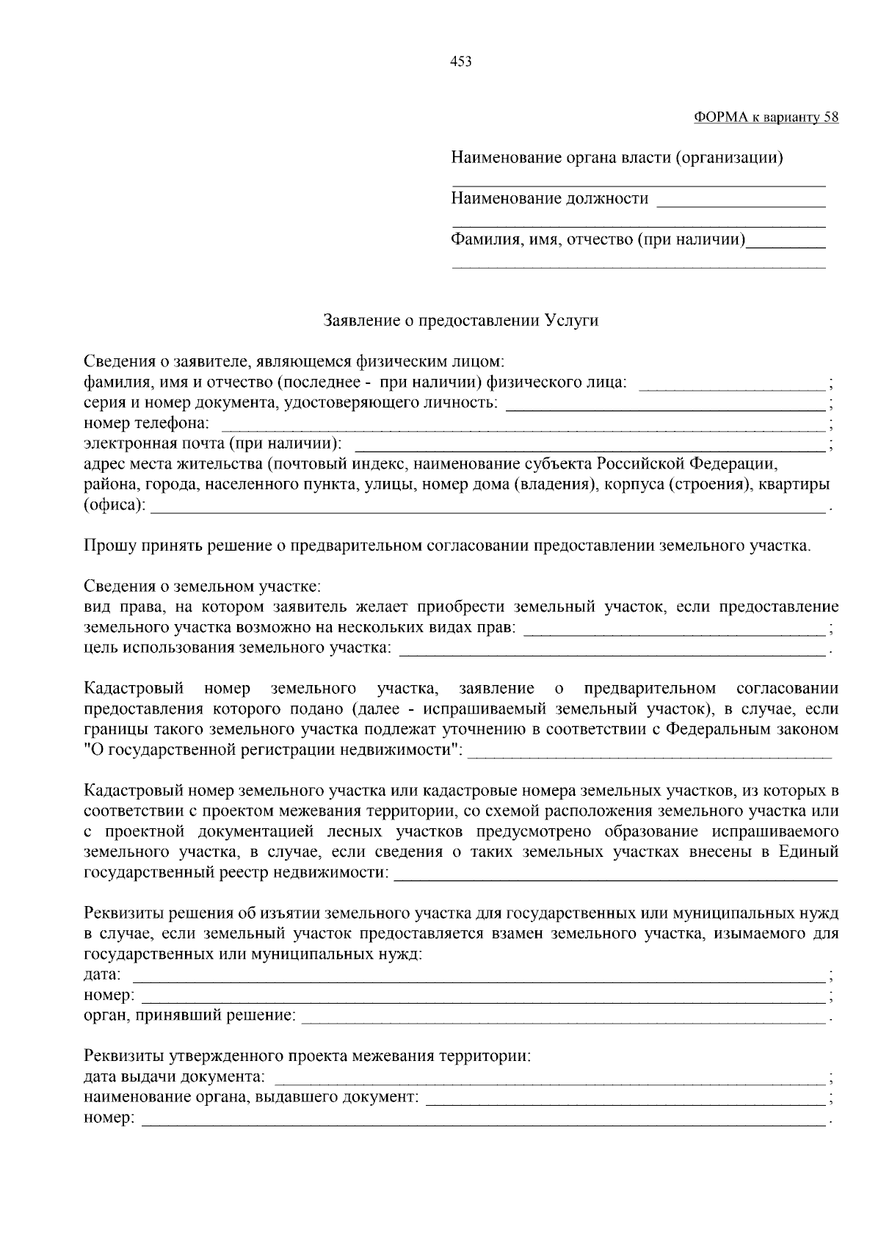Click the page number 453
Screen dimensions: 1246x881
460,62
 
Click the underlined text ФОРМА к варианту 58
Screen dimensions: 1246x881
766,117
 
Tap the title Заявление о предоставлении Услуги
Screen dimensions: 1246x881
461,321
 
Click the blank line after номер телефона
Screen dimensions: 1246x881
523,426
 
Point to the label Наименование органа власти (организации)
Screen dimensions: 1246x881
617,158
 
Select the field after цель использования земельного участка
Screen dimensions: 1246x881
612,651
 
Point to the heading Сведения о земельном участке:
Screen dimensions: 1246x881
202,587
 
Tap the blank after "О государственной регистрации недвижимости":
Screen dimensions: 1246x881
650,753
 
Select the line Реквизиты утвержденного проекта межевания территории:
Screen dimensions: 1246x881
307,1057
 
